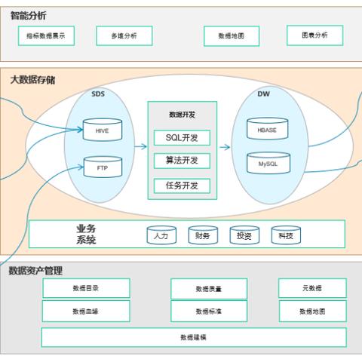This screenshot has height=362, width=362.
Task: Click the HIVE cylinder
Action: pyautogui.click(x=103, y=129)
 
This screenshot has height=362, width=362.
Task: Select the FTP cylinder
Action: pyautogui.click(x=103, y=167)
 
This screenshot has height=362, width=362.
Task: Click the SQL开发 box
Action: pyautogui.click(x=182, y=137)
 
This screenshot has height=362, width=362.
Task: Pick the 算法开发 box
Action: pyautogui.click(x=182, y=161)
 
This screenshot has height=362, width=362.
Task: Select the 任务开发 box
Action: pyautogui.click(x=182, y=185)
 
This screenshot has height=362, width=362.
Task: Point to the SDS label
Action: pyautogui.click(x=98, y=95)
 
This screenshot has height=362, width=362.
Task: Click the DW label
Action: pyautogui.click(x=263, y=95)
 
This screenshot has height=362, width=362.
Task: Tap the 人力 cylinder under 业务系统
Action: pyautogui.click(x=160, y=235)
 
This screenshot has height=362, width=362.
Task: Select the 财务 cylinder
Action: pyautogui.click(x=202, y=235)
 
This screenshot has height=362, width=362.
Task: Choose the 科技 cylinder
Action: pyautogui.click(x=286, y=235)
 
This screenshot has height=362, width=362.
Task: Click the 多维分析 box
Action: pyautogui.click(x=124, y=35)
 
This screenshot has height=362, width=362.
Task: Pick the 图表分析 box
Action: pyautogui.click(x=314, y=35)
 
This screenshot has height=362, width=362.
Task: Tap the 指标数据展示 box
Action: pyautogui.click(x=46, y=35)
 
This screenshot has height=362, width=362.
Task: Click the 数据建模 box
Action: pyautogui.click(x=193, y=337)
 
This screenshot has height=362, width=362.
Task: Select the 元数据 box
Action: pyautogui.click(x=312, y=288)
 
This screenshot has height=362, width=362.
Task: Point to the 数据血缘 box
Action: pyautogui.click(x=86, y=311)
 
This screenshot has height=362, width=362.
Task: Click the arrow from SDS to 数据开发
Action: pyautogui.click(x=140, y=148)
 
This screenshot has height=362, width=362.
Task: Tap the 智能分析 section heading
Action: pyautogui.click(x=28, y=14)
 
